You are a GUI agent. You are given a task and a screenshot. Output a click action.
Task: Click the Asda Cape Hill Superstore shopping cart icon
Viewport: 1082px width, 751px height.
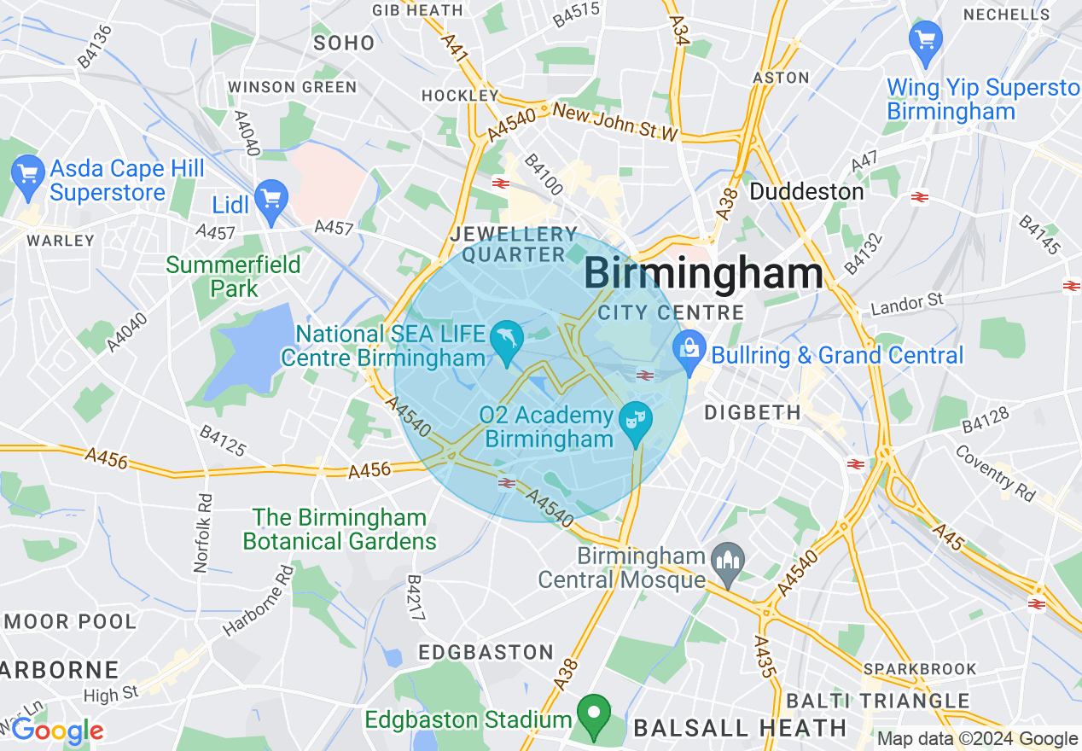click(x=27, y=173)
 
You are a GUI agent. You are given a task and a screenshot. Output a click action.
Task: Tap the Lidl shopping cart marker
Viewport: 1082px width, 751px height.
click(x=271, y=201)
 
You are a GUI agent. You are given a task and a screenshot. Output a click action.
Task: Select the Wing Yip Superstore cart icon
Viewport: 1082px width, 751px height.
click(x=926, y=41)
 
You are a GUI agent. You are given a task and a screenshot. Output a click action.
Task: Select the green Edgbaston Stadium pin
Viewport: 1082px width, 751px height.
click(x=594, y=713)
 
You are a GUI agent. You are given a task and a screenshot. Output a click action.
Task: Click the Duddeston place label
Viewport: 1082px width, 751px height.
click(x=806, y=191)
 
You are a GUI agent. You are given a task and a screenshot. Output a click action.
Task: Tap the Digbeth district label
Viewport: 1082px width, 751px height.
click(x=753, y=413)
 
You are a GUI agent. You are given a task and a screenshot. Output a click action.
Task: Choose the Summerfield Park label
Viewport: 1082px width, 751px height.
click(x=233, y=276)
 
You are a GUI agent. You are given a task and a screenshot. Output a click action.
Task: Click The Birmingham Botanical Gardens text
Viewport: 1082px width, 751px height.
click(x=340, y=529)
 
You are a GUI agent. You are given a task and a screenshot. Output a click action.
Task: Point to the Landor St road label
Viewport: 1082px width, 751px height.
click(x=906, y=301)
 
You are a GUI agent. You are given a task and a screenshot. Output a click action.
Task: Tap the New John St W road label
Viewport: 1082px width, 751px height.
click(x=614, y=122)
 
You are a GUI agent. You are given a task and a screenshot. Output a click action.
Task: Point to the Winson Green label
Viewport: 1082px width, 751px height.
click(x=292, y=87)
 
